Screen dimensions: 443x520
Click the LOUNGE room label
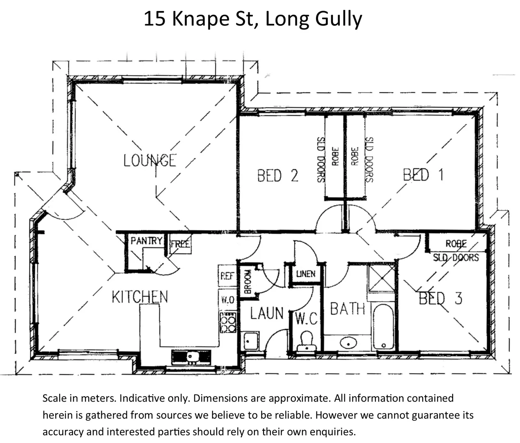(x=150, y=160)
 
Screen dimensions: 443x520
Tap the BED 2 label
(x=277, y=176)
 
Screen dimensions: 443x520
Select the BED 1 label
(x=423, y=175)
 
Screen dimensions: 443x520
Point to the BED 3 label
(x=440, y=298)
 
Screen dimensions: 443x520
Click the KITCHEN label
(x=140, y=297)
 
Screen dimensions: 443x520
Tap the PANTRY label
(x=146, y=240)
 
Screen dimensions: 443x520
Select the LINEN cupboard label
(x=306, y=274)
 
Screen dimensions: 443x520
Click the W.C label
(x=307, y=318)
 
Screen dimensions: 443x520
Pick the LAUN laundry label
(x=267, y=313)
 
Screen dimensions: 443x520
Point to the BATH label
(x=348, y=308)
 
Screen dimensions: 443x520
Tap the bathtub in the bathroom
(x=384, y=327)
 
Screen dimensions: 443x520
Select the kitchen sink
(x=191, y=356)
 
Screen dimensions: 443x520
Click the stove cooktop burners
(x=228, y=322)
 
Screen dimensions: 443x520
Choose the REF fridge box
(x=227, y=276)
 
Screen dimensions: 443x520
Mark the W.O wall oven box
(x=227, y=300)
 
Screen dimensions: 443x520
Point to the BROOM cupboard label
(x=247, y=281)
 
